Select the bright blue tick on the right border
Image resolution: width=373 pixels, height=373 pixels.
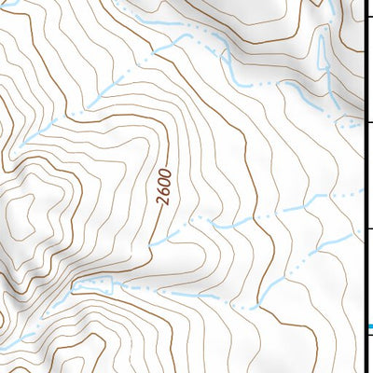click(368, 326)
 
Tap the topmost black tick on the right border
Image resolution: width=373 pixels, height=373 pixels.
click(367, 21)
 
